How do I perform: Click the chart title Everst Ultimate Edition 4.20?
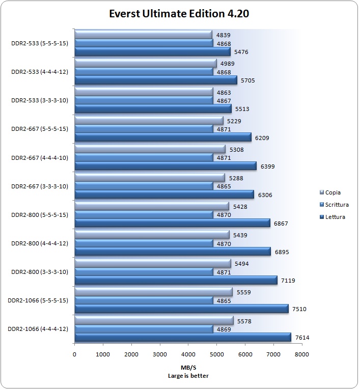coord(179,13)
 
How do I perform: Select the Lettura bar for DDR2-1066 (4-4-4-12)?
coord(183,337)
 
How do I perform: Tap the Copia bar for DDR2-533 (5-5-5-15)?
coord(143,35)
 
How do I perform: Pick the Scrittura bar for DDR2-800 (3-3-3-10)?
coord(144,272)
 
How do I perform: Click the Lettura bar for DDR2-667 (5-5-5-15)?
coord(163,137)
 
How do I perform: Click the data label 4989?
coord(228,63)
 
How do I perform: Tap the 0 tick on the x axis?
coord(75,354)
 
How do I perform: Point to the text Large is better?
coord(188,376)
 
